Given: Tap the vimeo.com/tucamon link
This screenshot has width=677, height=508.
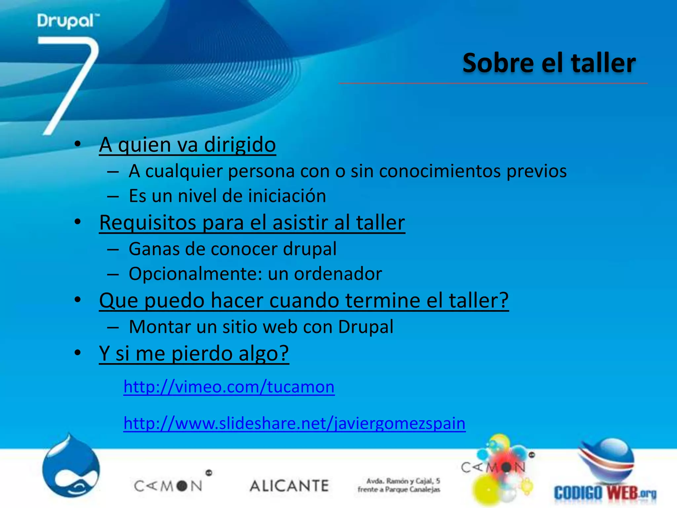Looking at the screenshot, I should pos(229,386).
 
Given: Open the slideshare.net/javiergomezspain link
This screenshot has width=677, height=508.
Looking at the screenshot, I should pos(294,423).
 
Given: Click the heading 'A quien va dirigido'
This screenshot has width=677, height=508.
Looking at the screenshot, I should pos(187,145).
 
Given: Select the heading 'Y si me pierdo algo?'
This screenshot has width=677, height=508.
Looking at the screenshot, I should pos(194,353).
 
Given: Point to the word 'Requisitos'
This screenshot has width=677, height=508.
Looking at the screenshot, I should pos(147,222).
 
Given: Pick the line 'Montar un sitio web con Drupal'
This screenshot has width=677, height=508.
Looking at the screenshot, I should pos(261,327).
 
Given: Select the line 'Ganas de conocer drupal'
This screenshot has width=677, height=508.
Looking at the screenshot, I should pos(232,249).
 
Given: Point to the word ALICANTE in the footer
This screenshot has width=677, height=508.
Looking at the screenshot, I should pos(289,486).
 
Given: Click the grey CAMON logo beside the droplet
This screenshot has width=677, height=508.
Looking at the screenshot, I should pos(169,486).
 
